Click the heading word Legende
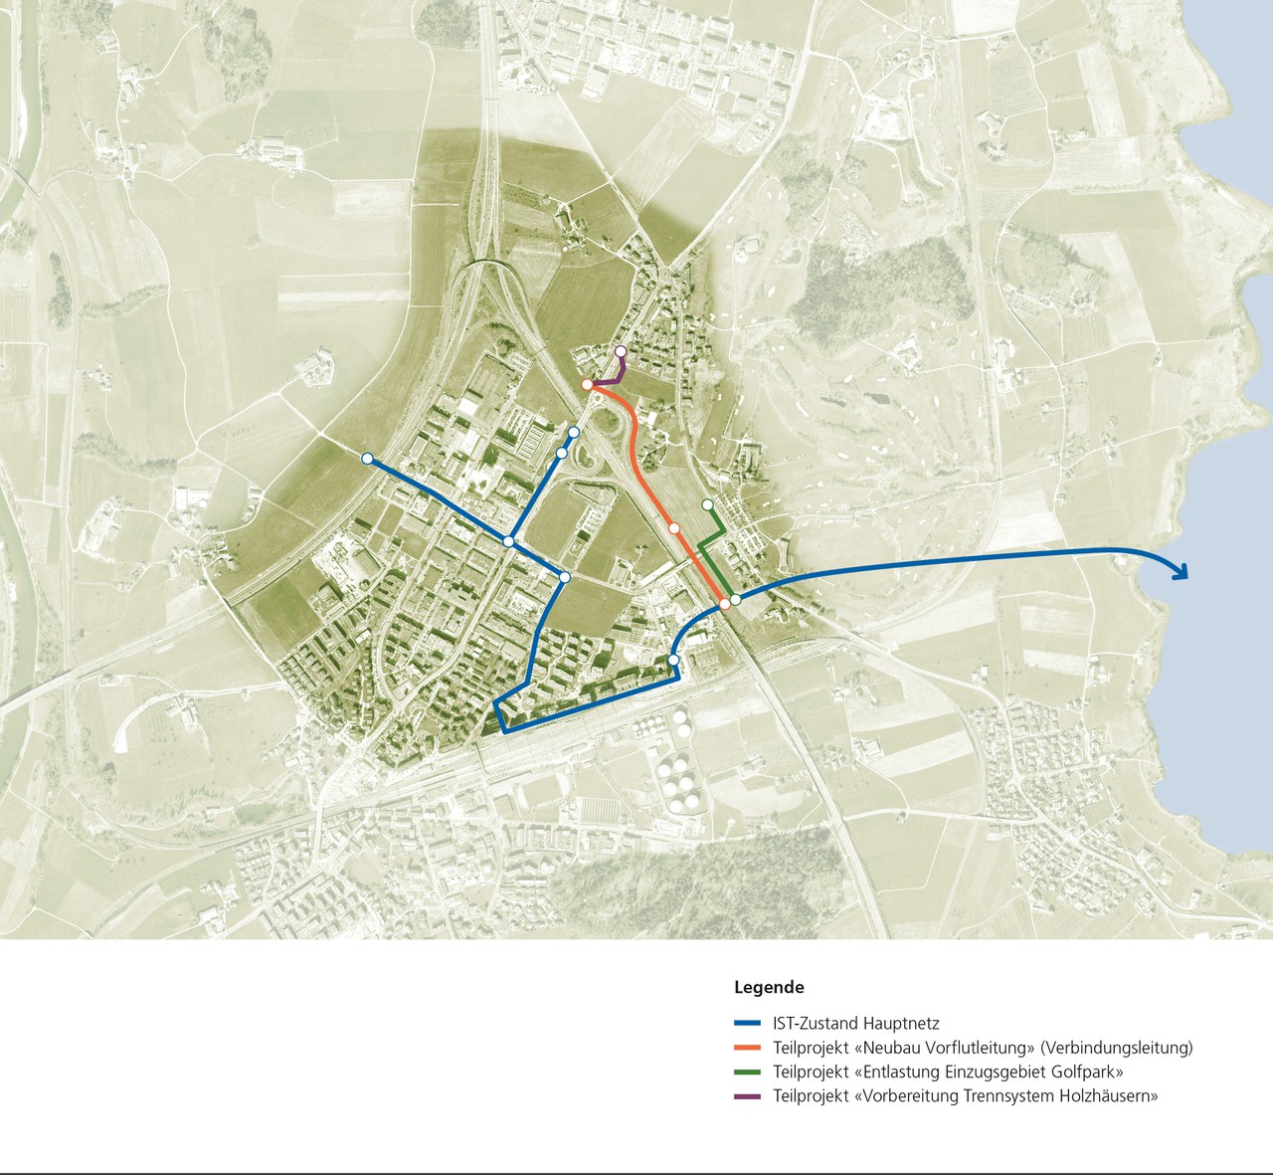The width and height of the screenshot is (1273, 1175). pyautogui.click(x=769, y=988)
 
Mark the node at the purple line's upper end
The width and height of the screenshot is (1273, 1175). pyautogui.click(x=621, y=351)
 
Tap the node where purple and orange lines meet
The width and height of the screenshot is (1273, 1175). pyautogui.click(x=588, y=384)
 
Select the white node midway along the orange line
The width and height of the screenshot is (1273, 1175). pyautogui.click(x=674, y=528)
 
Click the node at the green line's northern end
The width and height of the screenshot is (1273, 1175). pyautogui.click(x=707, y=504)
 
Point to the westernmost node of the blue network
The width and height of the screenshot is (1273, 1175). pyautogui.click(x=367, y=459)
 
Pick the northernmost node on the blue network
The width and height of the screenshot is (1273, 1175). pyautogui.click(x=574, y=432)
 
